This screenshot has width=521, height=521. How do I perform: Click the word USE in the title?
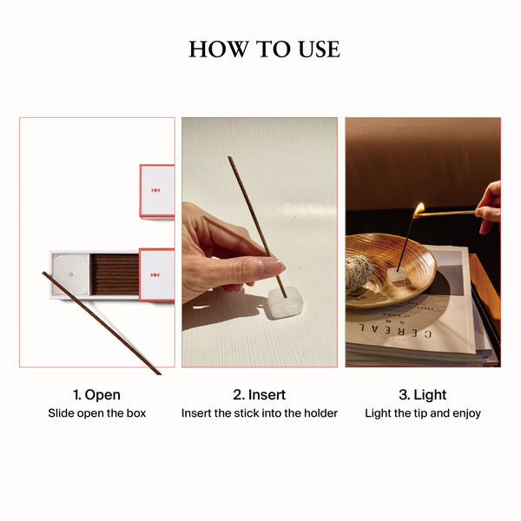[319, 49]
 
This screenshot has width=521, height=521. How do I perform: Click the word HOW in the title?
[219, 49]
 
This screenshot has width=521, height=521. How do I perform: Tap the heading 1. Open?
[96, 395]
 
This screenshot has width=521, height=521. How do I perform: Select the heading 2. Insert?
[259, 395]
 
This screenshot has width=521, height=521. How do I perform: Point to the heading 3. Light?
[423, 395]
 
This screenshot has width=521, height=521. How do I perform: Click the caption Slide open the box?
[97, 413]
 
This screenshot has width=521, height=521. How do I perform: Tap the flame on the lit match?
[419, 209]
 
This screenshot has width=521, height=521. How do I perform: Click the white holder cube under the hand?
[285, 303]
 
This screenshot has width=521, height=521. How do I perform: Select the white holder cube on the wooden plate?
[397, 274]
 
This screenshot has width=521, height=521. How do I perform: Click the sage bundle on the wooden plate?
[359, 274]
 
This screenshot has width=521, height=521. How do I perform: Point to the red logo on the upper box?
[155, 190]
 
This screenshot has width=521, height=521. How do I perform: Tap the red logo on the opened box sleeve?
[155, 275]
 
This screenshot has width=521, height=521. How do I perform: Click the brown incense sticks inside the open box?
[115, 274]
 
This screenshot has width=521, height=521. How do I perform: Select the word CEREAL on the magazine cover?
[395, 331]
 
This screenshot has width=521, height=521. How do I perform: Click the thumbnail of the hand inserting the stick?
[260, 242]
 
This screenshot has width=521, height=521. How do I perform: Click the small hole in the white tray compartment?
[70, 274]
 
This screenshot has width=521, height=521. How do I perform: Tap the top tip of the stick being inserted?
[229, 157]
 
